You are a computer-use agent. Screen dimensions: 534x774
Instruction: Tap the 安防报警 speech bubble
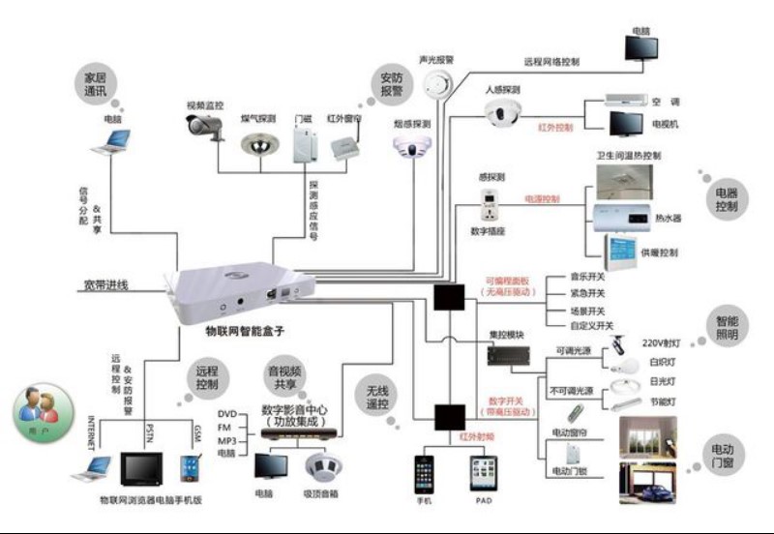click(x=391, y=84)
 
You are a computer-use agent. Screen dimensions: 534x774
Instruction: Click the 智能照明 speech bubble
click(x=728, y=327)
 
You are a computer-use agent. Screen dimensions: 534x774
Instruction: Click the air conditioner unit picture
click(x=630, y=100)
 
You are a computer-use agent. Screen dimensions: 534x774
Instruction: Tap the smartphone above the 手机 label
click(x=425, y=473)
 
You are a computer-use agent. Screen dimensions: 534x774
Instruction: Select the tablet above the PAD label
click(x=483, y=473)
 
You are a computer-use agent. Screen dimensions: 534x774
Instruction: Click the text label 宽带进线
click(x=105, y=286)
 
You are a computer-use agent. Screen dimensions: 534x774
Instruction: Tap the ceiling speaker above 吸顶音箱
click(x=319, y=468)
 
